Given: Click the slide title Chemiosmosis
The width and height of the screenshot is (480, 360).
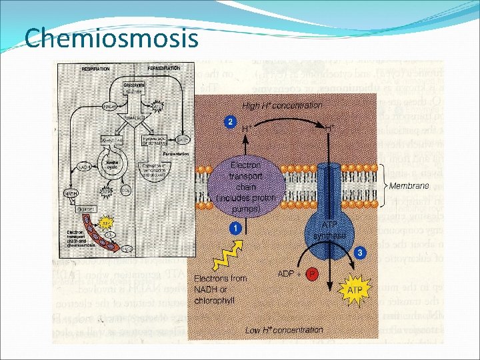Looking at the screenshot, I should [x=111, y=38].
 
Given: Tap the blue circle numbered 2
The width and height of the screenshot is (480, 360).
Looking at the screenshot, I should [x=230, y=122].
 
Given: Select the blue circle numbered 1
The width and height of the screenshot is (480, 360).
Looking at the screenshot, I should [x=235, y=228].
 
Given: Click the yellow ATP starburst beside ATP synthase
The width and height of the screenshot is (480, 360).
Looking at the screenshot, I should [x=355, y=291].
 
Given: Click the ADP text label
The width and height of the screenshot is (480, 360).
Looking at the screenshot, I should [x=285, y=274].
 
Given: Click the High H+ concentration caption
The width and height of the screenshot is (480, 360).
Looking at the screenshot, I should [x=282, y=105].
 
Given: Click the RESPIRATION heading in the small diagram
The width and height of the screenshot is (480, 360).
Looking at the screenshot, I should [x=95, y=69].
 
